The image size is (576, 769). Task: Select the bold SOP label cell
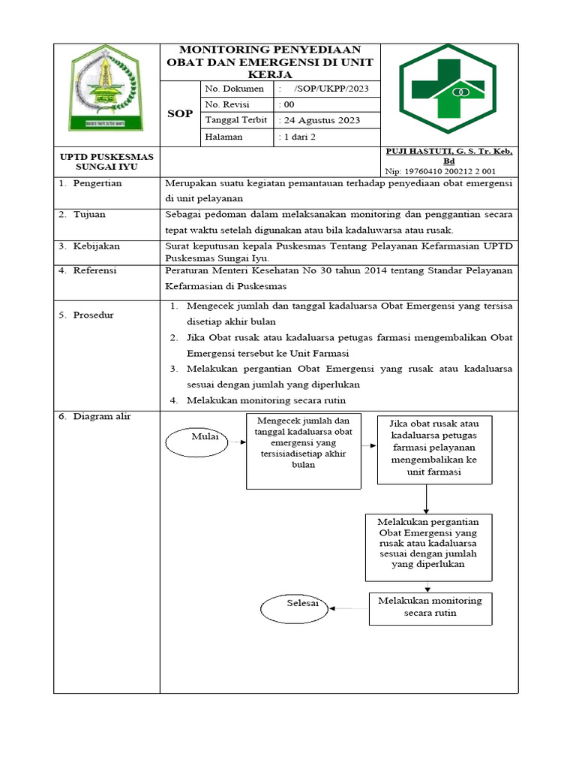(x=179, y=113)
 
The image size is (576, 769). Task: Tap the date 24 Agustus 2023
(x=319, y=120)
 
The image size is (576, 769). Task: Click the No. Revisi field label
(x=227, y=104)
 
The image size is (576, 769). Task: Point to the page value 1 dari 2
(x=298, y=137)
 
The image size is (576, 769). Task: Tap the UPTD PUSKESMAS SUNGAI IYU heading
(x=106, y=161)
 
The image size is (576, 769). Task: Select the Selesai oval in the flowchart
(x=295, y=607)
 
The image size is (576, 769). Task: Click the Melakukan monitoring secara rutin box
(x=430, y=608)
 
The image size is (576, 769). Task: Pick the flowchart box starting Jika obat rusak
(x=434, y=449)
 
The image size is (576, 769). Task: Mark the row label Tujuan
(x=89, y=214)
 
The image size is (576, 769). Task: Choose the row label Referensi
(x=95, y=270)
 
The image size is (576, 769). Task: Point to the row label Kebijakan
(x=96, y=246)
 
